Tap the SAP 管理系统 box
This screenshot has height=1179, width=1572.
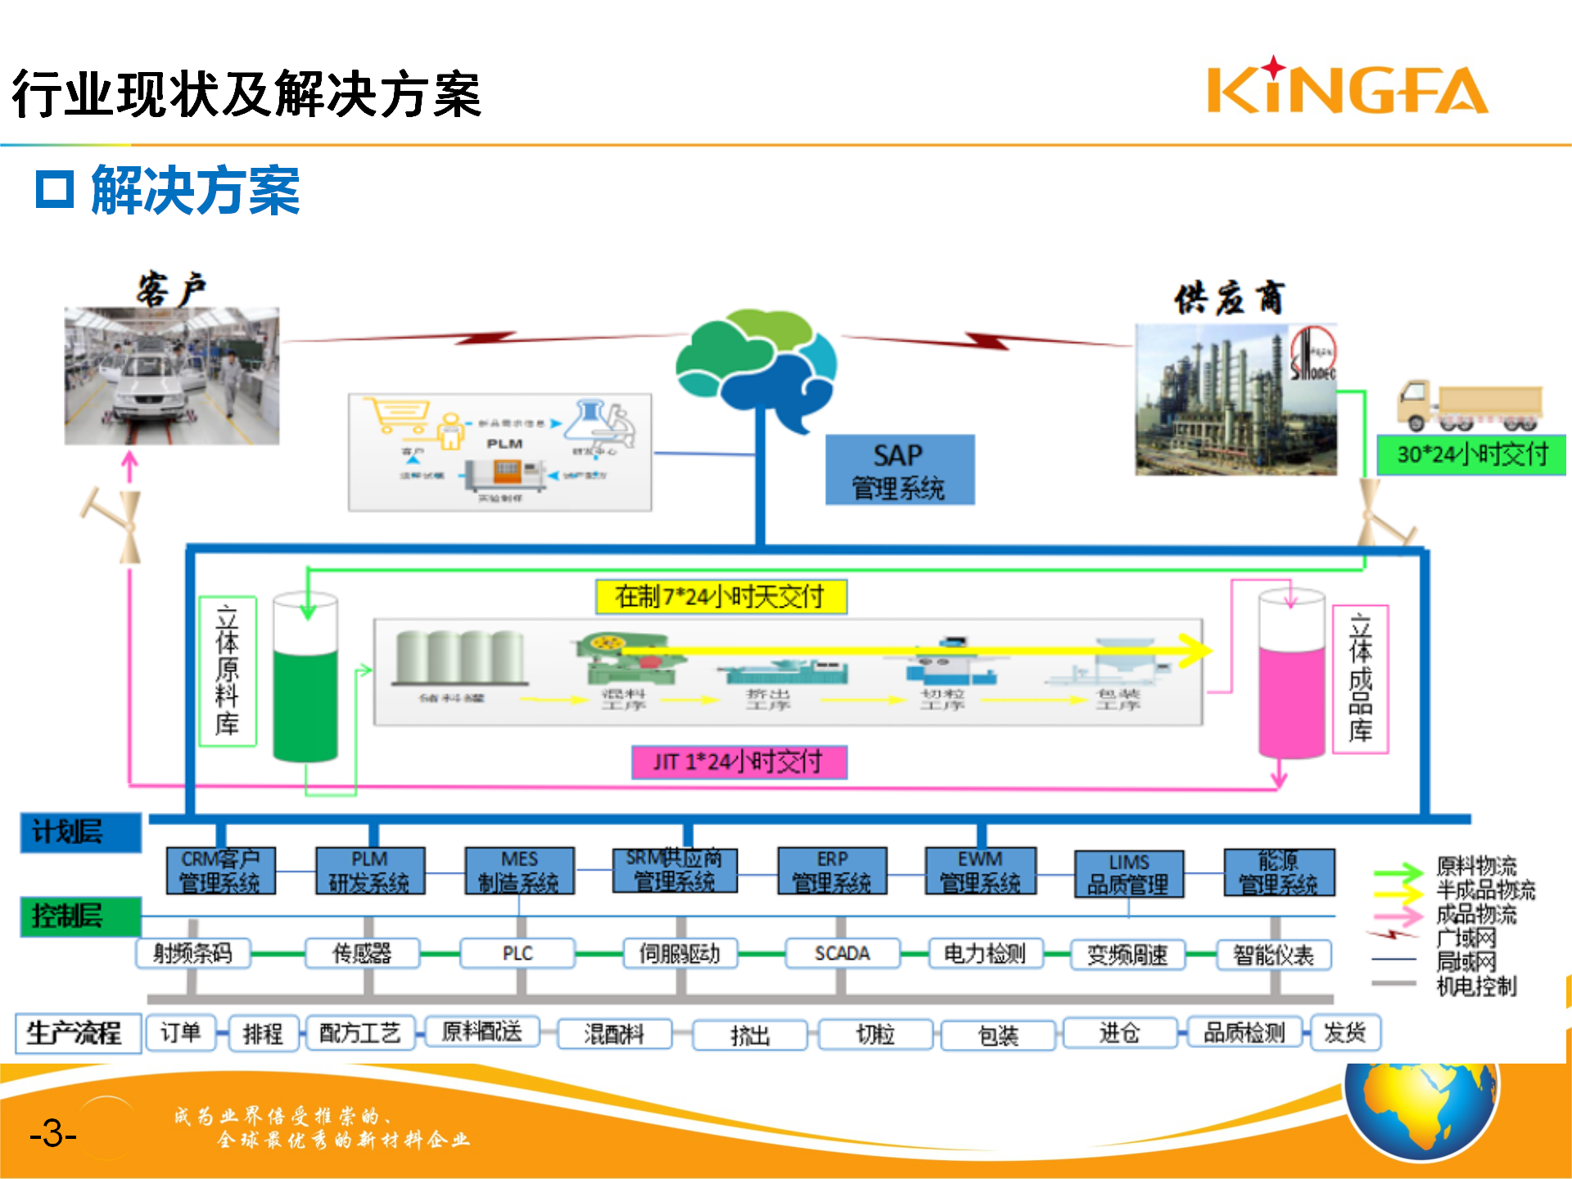tap(899, 470)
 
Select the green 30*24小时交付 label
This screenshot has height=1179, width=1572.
tap(1471, 454)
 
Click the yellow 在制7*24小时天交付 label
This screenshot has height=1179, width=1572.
tap(720, 597)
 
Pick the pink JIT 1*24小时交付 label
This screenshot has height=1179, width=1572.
tap(739, 762)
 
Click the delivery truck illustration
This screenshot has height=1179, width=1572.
tap(1469, 405)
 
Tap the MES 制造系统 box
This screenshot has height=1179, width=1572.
tap(519, 871)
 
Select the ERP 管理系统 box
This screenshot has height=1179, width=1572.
tap(832, 871)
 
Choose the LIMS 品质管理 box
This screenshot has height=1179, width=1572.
tap(1128, 874)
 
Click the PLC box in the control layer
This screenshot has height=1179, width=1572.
tap(517, 954)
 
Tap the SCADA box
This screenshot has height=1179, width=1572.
tap(842, 954)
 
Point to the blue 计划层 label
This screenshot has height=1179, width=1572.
tap(80, 833)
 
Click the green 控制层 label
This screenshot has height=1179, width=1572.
tap(80, 916)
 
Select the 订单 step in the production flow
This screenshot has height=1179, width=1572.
tap(180, 1032)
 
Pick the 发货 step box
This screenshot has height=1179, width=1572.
tap(1345, 1032)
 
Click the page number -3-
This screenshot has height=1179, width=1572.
tap(53, 1134)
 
